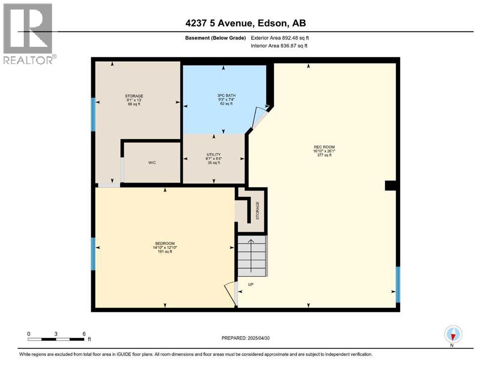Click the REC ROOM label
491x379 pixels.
tap(324, 147)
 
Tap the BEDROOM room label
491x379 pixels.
tap(165, 244)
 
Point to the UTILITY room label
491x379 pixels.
tap(214, 154)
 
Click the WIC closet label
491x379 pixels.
tap(152, 163)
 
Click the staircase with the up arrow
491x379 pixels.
tap(252, 256)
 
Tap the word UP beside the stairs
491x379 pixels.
tap(251, 285)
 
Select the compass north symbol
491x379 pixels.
tap(453, 335)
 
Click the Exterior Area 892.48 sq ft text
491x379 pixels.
tap(280, 38)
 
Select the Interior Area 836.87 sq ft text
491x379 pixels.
tap(279, 46)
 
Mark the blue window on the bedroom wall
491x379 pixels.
tap(92, 254)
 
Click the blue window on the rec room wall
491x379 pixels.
tap(398, 284)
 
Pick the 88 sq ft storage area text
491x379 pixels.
tap(134, 104)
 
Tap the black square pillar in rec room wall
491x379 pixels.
tap(391, 185)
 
